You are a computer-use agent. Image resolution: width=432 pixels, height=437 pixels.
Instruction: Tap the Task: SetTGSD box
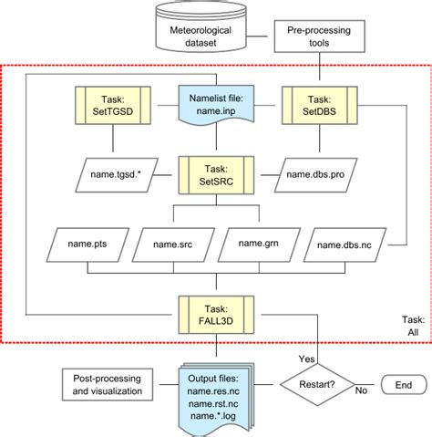pos(113,103)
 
